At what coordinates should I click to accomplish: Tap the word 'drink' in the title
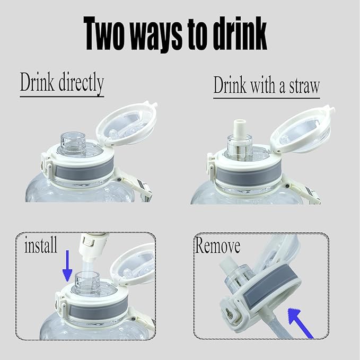point(240,33)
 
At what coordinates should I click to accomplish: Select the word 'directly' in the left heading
point(81,83)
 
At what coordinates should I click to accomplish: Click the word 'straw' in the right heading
point(304,86)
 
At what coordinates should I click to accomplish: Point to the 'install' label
point(41,244)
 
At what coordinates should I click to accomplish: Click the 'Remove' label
point(217,245)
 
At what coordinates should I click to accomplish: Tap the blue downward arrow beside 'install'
point(67,266)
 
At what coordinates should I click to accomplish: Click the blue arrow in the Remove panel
point(300,323)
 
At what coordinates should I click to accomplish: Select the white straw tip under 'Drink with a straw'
point(239,128)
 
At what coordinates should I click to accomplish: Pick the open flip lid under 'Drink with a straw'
point(302,129)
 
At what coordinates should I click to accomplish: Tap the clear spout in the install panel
point(87,283)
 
